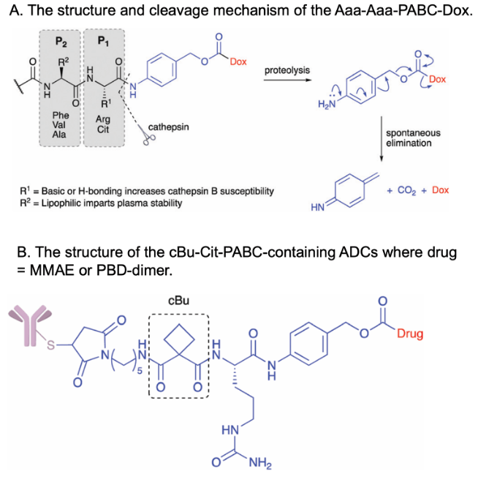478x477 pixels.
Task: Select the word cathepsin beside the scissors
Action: pyautogui.click(x=169, y=127)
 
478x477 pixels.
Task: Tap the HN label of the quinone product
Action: pyautogui.click(x=317, y=208)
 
